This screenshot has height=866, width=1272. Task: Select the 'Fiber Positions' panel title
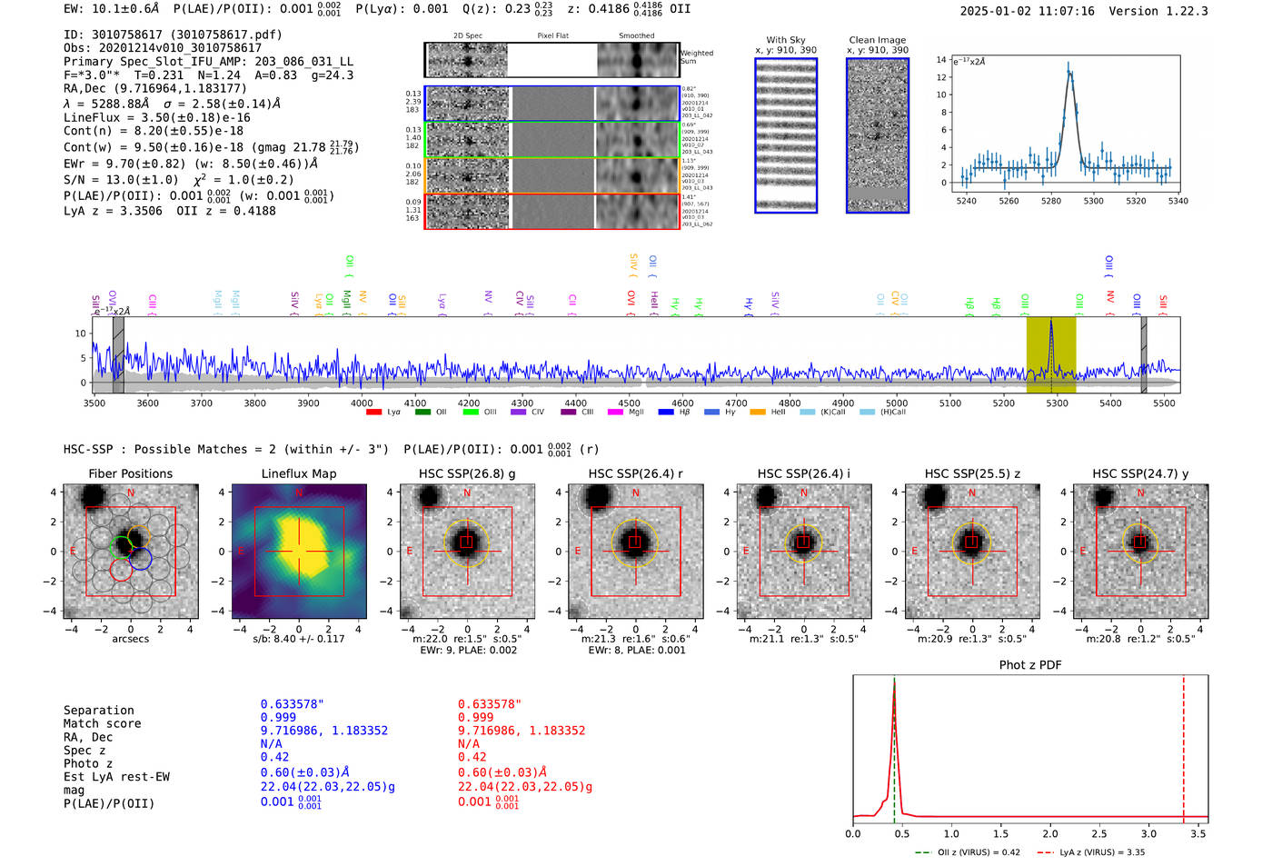coord(130,473)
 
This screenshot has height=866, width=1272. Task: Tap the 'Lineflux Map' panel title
coord(299,473)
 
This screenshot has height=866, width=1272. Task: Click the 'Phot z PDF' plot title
coord(1030,664)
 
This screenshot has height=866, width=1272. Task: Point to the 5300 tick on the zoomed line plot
coord(1093,201)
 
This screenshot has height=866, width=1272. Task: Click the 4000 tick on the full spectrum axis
coord(362,403)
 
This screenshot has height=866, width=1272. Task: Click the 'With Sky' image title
coord(786,40)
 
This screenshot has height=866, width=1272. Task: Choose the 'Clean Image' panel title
coord(878,40)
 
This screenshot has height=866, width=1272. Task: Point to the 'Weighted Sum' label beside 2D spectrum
coord(696,57)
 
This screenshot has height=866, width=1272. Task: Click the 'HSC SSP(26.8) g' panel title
coord(467,473)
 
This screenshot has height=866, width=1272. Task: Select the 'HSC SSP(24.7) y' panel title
coord(1140,473)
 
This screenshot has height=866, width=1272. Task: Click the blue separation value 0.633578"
coord(293,704)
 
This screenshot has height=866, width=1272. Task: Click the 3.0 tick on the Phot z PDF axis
coord(1148,833)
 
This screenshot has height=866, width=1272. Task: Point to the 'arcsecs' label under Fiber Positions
coord(130,639)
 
